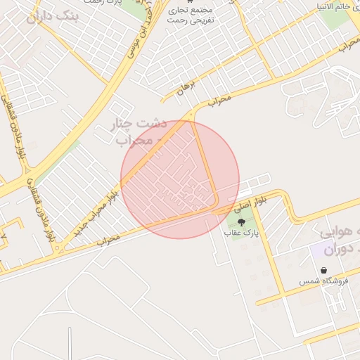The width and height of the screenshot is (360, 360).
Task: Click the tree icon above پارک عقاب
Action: pyautogui.click(x=243, y=222)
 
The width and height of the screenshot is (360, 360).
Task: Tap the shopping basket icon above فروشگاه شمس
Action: pyautogui.click(x=323, y=270)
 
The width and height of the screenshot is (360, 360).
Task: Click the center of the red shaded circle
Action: pyautogui.click(x=180, y=179)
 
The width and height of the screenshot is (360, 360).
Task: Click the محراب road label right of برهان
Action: pyautogui.click(x=219, y=101)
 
